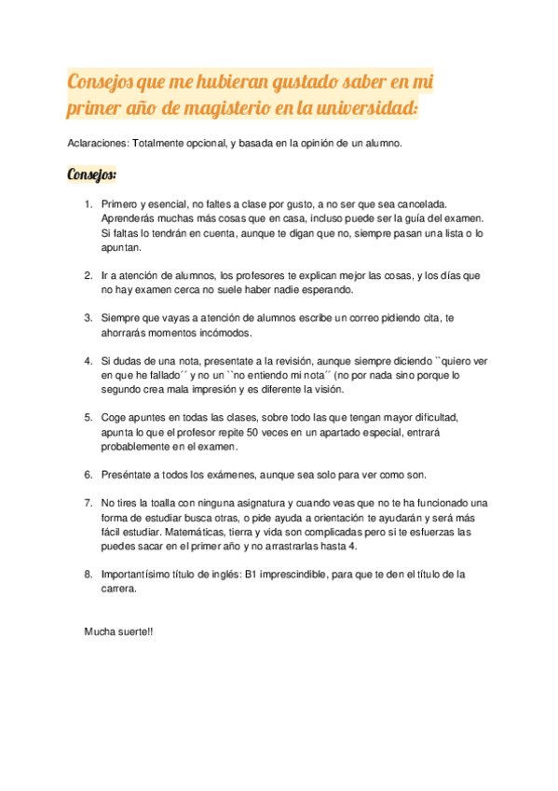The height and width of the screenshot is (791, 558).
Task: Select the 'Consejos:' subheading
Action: [92, 174]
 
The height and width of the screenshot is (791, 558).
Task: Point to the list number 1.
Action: [88, 203]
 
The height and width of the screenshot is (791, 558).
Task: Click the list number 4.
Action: [88, 360]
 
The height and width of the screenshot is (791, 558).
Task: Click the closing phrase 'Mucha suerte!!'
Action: [118, 631]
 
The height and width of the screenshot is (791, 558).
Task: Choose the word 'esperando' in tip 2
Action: [326, 290]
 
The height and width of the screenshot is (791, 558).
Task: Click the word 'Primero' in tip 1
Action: [120, 203]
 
